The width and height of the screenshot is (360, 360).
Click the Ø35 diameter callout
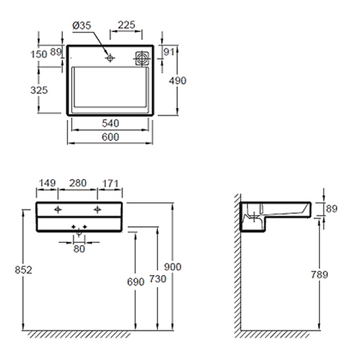(82, 26)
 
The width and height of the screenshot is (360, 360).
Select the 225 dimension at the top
(126, 25)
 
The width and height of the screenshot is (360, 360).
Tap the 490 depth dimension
(177, 81)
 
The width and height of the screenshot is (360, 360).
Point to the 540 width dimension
(111, 123)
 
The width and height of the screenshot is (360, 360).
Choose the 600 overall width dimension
(111, 137)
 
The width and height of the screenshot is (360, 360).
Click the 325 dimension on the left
(39, 90)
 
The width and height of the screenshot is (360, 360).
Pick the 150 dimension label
(39, 54)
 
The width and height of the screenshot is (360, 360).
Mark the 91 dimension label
(169, 52)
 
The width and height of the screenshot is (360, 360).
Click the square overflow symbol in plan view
(142, 58)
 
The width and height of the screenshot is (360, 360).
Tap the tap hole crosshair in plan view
(110, 58)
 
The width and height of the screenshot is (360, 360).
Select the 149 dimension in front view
(47, 183)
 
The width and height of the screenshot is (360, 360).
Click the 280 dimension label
(78, 183)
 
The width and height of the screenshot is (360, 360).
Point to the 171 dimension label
(111, 184)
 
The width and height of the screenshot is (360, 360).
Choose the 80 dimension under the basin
(79, 249)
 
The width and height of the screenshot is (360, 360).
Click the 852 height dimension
(23, 270)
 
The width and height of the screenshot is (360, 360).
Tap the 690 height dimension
(136, 282)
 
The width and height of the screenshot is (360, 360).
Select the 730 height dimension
(158, 279)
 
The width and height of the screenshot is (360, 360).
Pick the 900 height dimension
(173, 267)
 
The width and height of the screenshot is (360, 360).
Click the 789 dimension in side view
(319, 275)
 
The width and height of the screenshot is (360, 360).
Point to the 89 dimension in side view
(332, 209)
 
